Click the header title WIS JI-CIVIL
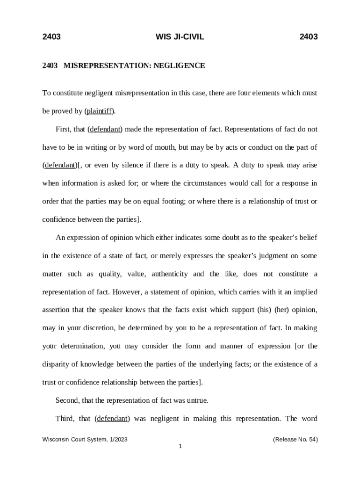point(180,37)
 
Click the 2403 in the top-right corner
point(309,37)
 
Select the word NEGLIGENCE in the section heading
point(180,66)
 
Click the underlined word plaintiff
point(100,111)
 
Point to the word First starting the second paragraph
point(64,129)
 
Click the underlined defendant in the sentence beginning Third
point(112,419)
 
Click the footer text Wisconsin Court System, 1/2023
point(85,440)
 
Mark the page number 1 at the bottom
point(180,447)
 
